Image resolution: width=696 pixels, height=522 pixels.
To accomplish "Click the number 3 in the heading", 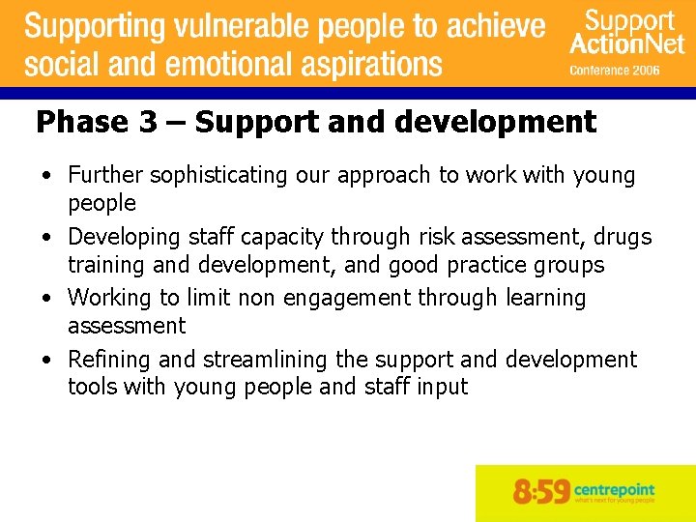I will click(x=148, y=123).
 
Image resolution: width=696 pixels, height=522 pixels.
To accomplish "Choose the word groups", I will click(x=572, y=265).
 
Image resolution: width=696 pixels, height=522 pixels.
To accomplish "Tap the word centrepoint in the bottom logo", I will click(x=614, y=487).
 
